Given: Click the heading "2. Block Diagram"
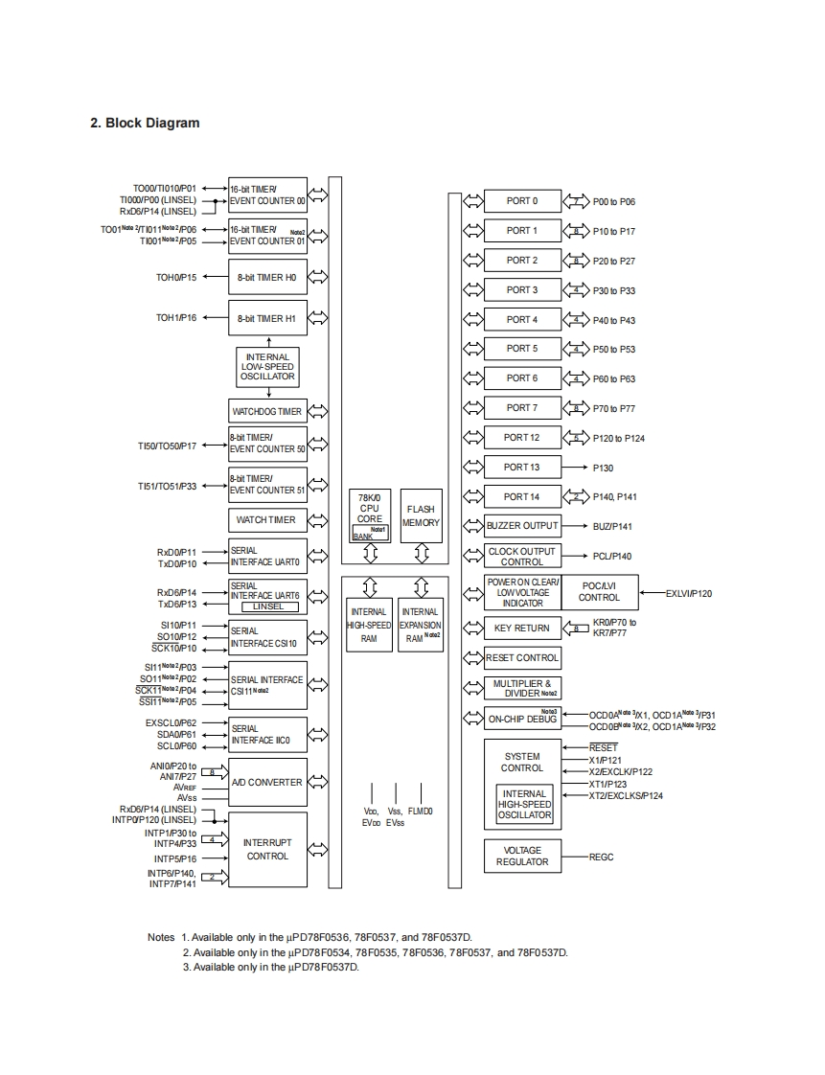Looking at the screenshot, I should (145, 123).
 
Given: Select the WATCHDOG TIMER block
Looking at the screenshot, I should (267, 412).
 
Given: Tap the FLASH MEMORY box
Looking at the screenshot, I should (421, 516).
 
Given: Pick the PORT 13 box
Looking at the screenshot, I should (522, 468).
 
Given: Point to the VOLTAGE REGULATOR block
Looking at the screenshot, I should (522, 857).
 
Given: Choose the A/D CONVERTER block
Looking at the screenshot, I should (267, 783).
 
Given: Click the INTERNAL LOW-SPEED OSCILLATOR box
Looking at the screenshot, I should (267, 367).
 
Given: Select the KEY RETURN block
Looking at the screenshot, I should (522, 629).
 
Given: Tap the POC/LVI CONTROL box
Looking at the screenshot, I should (599, 592).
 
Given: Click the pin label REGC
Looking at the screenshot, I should (602, 858).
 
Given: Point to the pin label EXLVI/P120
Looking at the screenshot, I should (689, 594).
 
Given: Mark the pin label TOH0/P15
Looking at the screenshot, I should (176, 278).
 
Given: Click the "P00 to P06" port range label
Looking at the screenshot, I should (614, 202).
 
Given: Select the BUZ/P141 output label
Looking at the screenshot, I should (612, 527).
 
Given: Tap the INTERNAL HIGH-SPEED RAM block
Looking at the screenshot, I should (369, 625).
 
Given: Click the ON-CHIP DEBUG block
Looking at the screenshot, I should (522, 719).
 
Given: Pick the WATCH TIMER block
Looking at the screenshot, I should (266, 520).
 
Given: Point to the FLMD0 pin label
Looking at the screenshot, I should (421, 812).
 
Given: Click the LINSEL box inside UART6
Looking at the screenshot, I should (268, 606).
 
